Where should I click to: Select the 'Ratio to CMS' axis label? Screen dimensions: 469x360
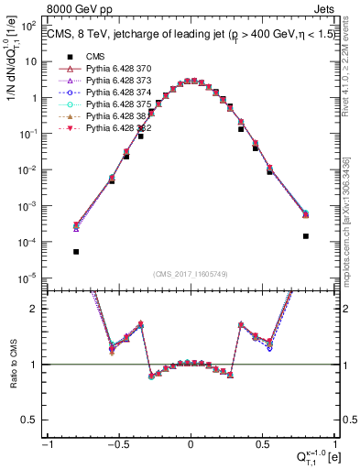click(x=14, y=365)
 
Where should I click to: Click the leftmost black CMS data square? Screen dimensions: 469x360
click(x=76, y=251)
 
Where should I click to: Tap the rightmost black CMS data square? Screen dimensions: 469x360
click(x=305, y=235)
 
